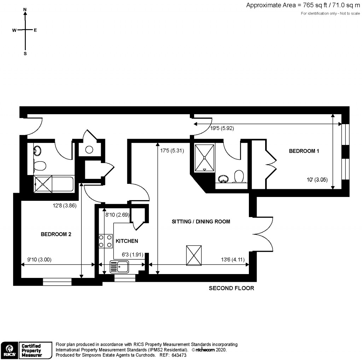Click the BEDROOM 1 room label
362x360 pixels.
304,151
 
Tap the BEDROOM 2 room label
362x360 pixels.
56,234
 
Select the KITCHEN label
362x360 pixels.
127,241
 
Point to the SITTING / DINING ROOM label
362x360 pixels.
201,222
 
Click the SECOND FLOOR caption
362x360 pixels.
231,288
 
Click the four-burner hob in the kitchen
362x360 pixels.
105,241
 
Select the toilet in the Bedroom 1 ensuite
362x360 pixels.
240,176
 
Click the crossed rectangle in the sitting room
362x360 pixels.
194,255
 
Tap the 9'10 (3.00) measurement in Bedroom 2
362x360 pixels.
40,259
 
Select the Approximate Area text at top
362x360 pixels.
303,5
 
